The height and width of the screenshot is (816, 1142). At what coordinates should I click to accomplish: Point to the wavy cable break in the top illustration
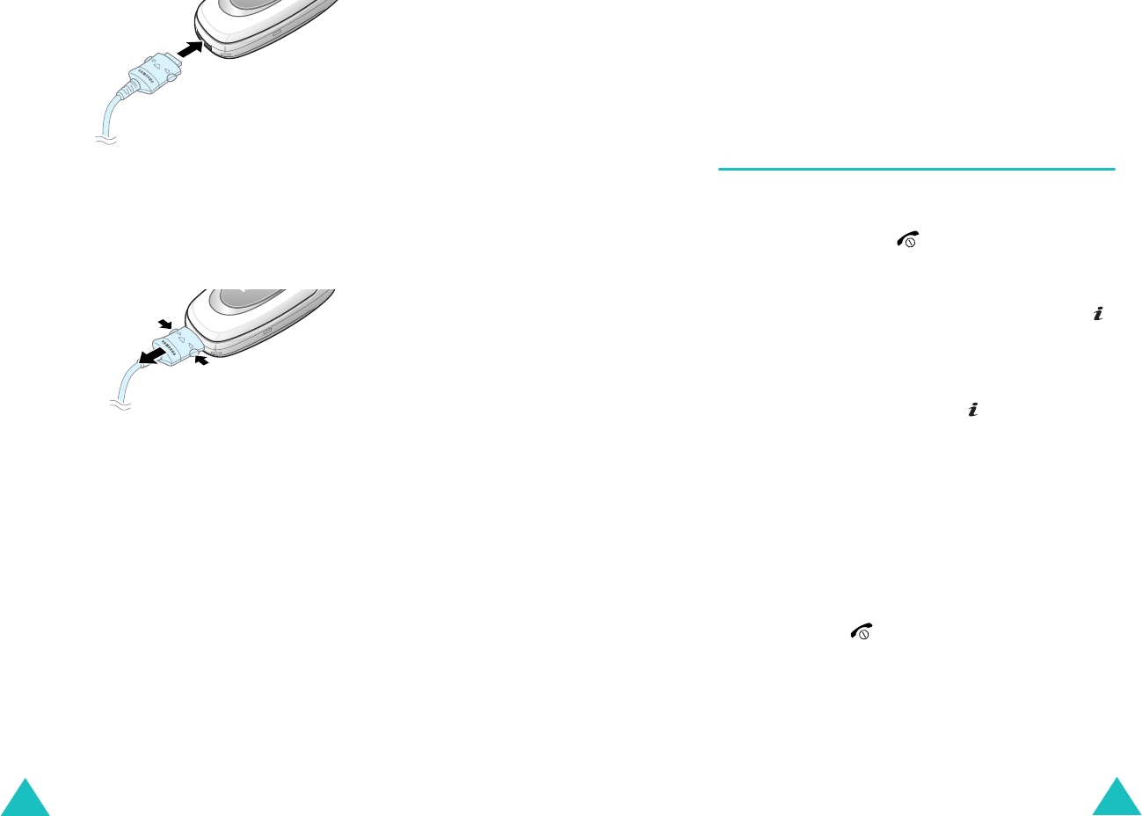105,140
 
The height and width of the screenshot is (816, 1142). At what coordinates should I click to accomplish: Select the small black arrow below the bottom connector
202,361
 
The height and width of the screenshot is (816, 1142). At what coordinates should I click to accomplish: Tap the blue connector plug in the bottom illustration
179,344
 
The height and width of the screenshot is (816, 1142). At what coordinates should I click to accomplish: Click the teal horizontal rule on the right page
916,169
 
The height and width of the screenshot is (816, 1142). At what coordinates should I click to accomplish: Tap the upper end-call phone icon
906,239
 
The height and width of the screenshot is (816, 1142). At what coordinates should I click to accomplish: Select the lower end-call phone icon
860,630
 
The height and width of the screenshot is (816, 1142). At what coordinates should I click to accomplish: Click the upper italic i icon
1097,314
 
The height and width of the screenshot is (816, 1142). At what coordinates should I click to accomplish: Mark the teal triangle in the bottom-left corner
25,799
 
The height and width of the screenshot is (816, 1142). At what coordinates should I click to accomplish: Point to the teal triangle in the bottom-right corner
1117,799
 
